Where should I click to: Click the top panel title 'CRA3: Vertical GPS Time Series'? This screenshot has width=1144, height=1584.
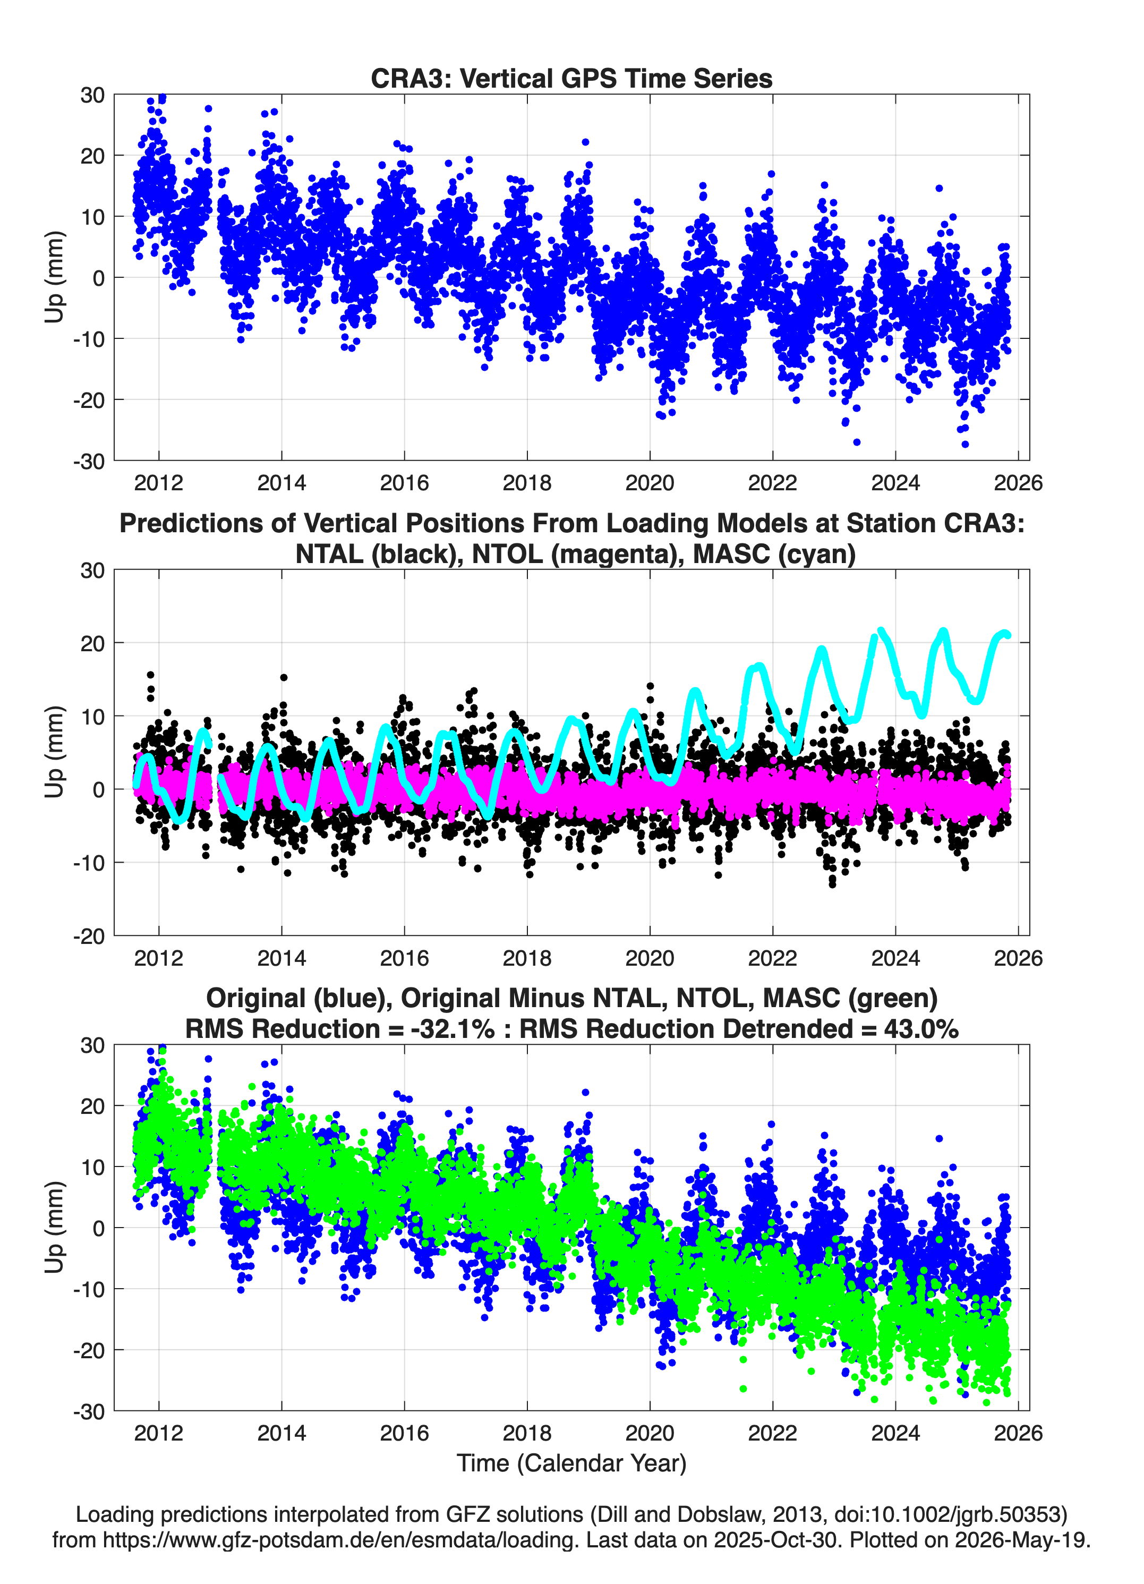tap(571, 78)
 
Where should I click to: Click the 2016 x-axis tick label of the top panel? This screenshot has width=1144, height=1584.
tap(404, 483)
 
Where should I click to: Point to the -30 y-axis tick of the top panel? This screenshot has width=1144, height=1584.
tap(89, 461)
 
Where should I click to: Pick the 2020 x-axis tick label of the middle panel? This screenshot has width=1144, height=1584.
tap(650, 958)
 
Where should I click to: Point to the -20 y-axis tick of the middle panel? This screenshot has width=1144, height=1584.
tap(89, 936)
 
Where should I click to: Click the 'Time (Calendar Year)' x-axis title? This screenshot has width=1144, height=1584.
tap(571, 1462)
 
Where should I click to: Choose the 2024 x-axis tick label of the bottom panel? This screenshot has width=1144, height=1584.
tap(895, 1433)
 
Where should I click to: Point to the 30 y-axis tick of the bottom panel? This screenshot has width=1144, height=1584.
tap(92, 1045)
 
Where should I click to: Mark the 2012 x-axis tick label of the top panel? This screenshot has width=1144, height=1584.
tap(159, 483)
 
